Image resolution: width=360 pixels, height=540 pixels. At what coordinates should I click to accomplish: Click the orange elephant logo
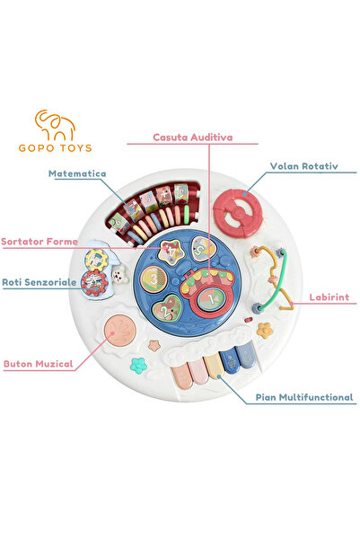[x=53, y=125]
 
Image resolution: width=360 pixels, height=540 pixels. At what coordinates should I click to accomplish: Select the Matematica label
[x=78, y=173]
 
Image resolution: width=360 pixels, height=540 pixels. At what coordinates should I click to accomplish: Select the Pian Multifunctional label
[x=303, y=396]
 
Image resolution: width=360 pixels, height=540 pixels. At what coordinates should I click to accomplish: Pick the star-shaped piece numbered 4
[x=170, y=251]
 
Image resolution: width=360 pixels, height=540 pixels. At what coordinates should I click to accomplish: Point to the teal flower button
[x=137, y=365]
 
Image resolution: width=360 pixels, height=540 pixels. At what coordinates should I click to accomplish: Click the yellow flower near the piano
[x=265, y=329]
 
